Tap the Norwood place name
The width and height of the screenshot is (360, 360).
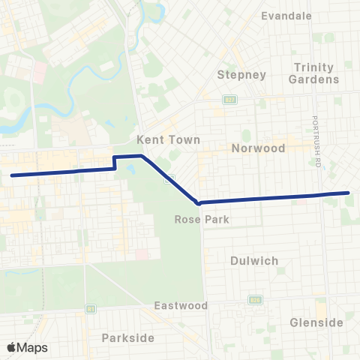[259, 148]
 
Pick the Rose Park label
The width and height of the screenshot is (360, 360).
[196, 220]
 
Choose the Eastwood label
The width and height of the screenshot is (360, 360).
[180, 305]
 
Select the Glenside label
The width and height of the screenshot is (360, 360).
[316, 322]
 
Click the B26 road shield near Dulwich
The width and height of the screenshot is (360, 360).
[253, 300]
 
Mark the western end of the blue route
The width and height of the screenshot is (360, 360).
[12, 175]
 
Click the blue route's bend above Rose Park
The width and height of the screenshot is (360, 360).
[197, 202]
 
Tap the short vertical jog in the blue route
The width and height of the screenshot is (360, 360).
[114, 163]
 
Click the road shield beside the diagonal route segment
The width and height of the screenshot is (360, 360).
[171, 178]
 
